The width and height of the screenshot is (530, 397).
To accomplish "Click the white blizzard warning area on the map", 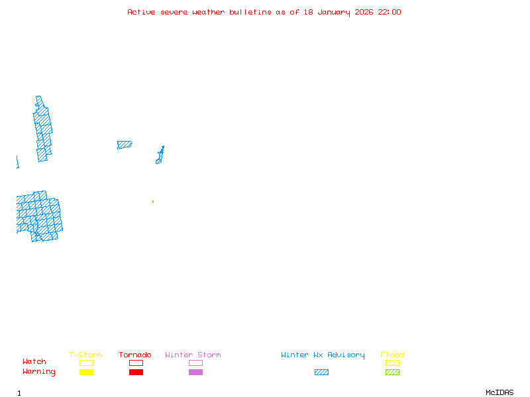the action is click(x=26, y=136).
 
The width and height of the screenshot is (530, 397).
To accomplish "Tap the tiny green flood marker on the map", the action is click(x=152, y=201).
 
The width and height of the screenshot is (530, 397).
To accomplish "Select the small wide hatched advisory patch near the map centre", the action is click(x=124, y=144).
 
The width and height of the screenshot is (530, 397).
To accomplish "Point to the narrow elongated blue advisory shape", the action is click(x=160, y=155).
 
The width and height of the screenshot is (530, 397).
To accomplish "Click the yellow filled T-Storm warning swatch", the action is click(x=86, y=373).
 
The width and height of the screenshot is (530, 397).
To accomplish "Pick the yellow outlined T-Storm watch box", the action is click(x=86, y=363).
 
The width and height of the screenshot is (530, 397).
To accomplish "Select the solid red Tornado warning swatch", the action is click(x=136, y=373).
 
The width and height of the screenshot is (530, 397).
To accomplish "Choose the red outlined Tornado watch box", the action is click(x=136, y=363).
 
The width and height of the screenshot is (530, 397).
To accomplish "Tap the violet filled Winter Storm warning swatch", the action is click(x=195, y=373).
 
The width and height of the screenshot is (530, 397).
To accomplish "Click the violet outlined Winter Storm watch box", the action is click(x=195, y=363).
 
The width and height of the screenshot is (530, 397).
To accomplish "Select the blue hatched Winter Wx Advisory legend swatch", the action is click(x=321, y=373).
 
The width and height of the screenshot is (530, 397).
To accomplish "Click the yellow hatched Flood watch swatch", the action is click(x=392, y=363).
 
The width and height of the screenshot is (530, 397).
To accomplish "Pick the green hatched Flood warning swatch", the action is click(x=392, y=373).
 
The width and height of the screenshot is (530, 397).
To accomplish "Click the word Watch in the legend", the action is click(x=34, y=362).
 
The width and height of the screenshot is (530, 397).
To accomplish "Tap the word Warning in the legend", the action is click(x=39, y=372).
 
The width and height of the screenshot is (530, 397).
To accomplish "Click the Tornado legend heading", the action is click(x=135, y=355).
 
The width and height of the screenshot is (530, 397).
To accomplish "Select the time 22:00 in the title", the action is click(x=390, y=12).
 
